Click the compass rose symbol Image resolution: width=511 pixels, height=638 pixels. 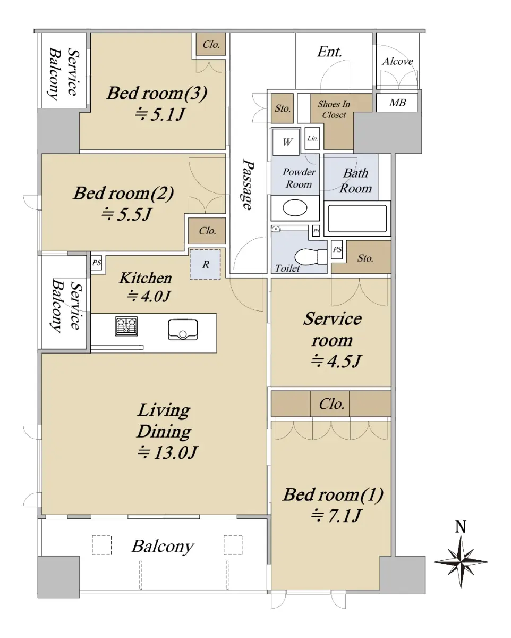click(461, 561)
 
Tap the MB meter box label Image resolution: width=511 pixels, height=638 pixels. click(397, 103)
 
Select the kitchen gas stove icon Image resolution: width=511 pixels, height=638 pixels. click(126, 326)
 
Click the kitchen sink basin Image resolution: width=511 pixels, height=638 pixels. click(183, 330)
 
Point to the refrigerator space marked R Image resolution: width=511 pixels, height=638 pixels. click(205, 264)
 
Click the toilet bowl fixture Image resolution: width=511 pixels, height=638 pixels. click(311, 256)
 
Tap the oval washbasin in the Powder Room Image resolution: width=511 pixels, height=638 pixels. click(295, 207)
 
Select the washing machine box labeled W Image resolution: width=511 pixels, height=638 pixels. click(286, 142)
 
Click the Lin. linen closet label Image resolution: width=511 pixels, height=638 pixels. click(312, 138)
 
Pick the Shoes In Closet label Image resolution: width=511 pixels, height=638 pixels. click(334, 110)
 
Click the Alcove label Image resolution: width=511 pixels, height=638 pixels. click(397, 61)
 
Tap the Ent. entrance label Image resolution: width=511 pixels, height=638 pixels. click(329, 52)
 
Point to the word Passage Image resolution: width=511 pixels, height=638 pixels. click(248, 184)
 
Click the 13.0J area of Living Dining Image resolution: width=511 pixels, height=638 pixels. click(168, 453)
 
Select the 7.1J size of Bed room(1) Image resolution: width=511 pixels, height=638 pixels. click(336, 516)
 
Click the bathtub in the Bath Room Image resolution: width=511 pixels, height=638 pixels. click(357, 219)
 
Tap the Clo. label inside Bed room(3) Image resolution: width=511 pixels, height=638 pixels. click(211, 45)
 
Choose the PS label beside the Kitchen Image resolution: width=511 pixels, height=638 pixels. click(97, 263)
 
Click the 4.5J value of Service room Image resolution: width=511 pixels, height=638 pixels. click(336, 361)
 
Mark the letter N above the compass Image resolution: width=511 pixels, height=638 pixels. click(461, 527)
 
